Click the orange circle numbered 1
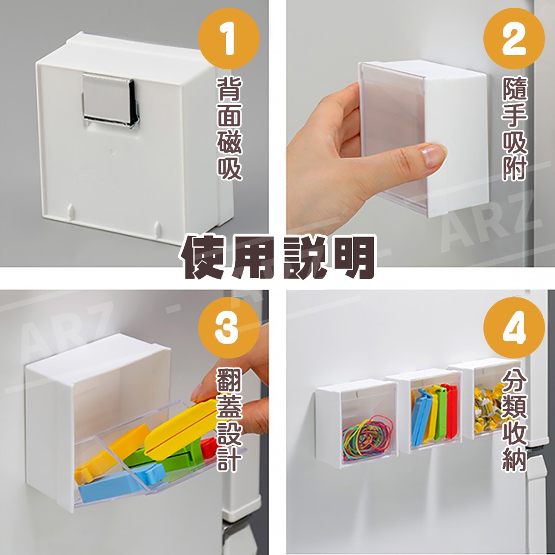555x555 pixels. [x=229, y=39]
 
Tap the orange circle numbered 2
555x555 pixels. [x=514, y=39]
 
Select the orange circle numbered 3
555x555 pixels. [x=229, y=327]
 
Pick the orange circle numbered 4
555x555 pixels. [x=514, y=327]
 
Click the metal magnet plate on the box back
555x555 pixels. [x=110, y=100]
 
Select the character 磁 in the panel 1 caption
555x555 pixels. [x=229, y=141]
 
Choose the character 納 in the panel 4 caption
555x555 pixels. [x=514, y=459]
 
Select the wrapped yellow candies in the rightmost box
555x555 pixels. [x=488, y=410]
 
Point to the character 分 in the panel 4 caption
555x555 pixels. [x=514, y=381]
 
